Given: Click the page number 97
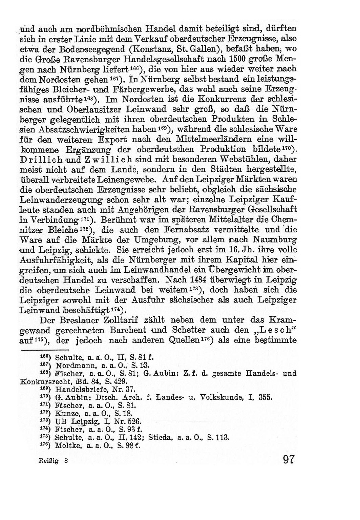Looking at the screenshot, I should (x=287, y=460).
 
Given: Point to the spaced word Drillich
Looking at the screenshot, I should (x=40, y=159).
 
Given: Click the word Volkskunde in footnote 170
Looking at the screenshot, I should (x=225, y=397).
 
